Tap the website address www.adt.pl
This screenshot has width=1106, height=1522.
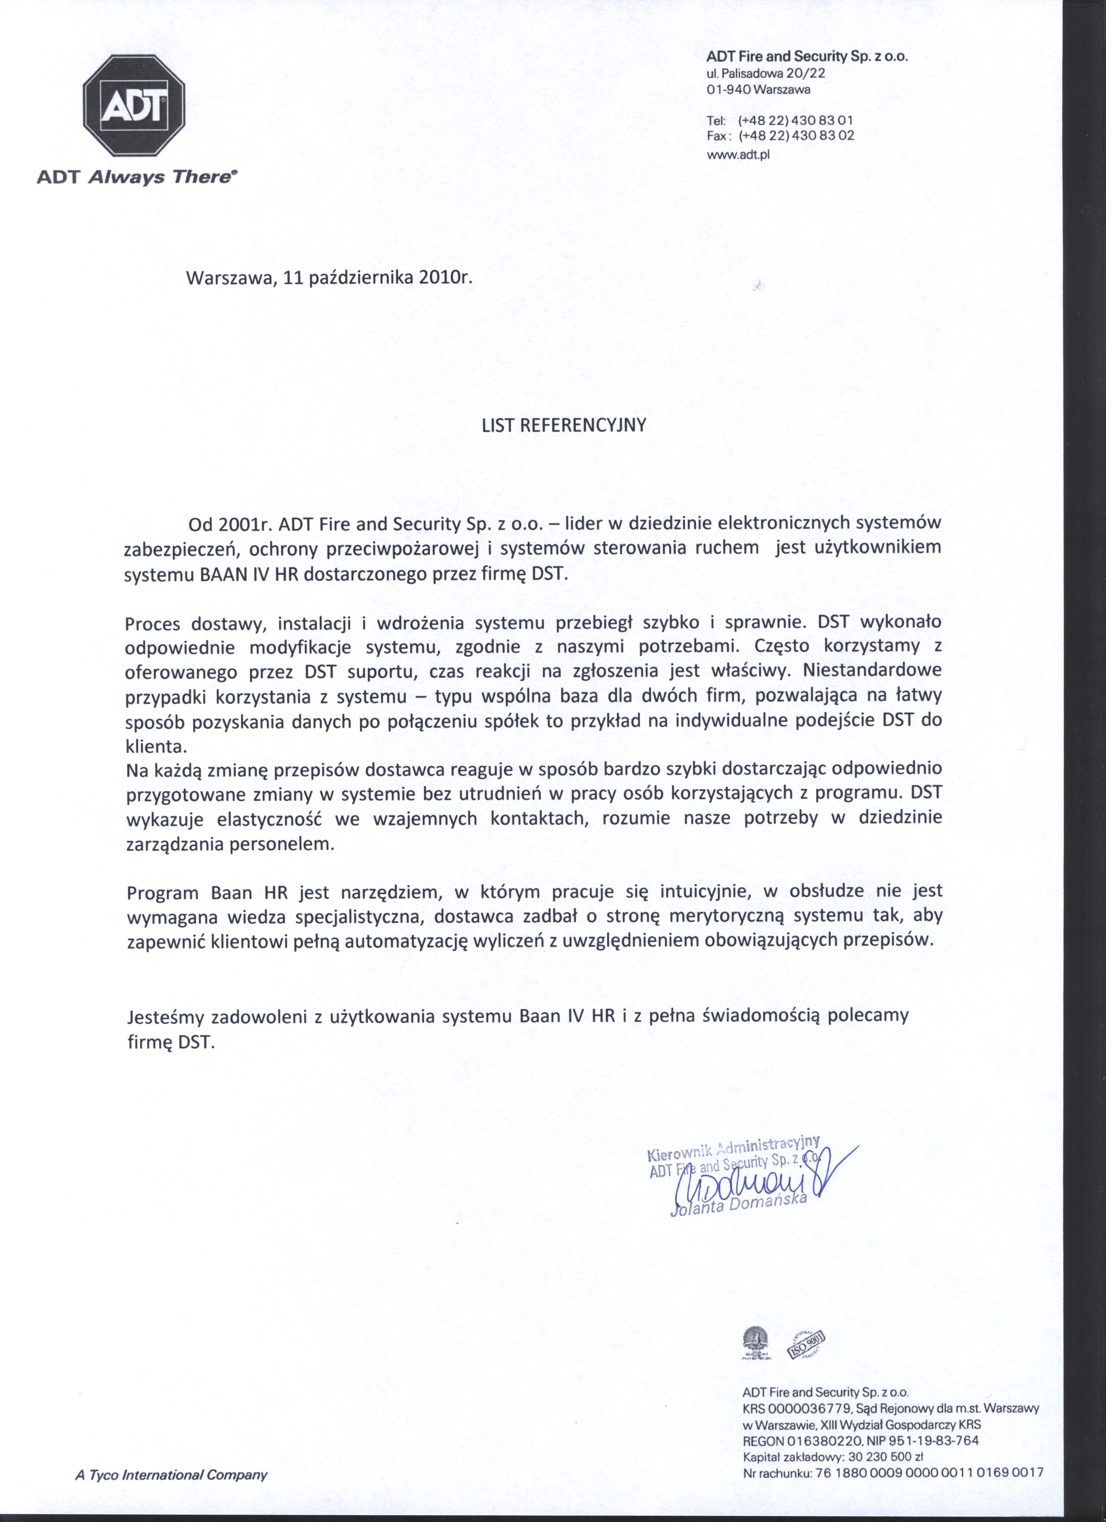(x=738, y=154)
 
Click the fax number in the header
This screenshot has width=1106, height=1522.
(x=795, y=136)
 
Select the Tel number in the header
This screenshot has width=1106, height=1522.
(x=795, y=121)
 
